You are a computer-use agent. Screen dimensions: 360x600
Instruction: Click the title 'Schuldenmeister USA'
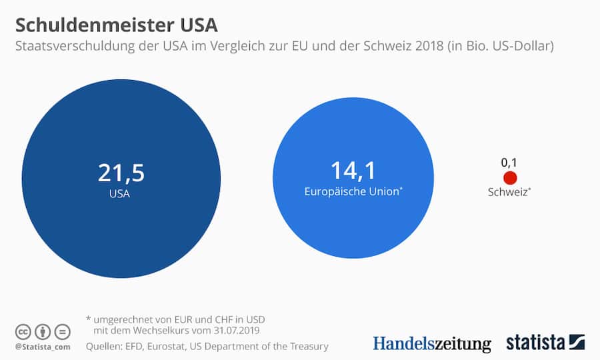(x=116, y=25)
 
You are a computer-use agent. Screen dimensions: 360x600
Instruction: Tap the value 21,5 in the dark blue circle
(x=121, y=173)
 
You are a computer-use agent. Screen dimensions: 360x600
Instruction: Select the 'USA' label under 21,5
(x=120, y=195)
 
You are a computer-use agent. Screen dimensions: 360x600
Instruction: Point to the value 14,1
(x=353, y=171)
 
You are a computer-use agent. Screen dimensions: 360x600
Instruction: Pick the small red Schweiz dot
(x=510, y=178)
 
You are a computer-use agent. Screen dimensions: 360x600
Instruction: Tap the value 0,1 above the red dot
(x=509, y=162)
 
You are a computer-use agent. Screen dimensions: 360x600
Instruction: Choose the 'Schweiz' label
(x=509, y=193)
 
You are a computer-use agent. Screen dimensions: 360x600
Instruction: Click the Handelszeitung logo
(x=431, y=343)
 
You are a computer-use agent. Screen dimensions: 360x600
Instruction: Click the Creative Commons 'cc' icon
(x=23, y=331)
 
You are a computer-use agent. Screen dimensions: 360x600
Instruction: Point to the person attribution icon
(x=42, y=331)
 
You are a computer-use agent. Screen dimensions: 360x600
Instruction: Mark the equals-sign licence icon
(x=61, y=331)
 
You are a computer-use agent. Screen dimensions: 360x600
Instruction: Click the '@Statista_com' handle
(x=42, y=347)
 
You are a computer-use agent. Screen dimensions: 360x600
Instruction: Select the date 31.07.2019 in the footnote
(x=232, y=331)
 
